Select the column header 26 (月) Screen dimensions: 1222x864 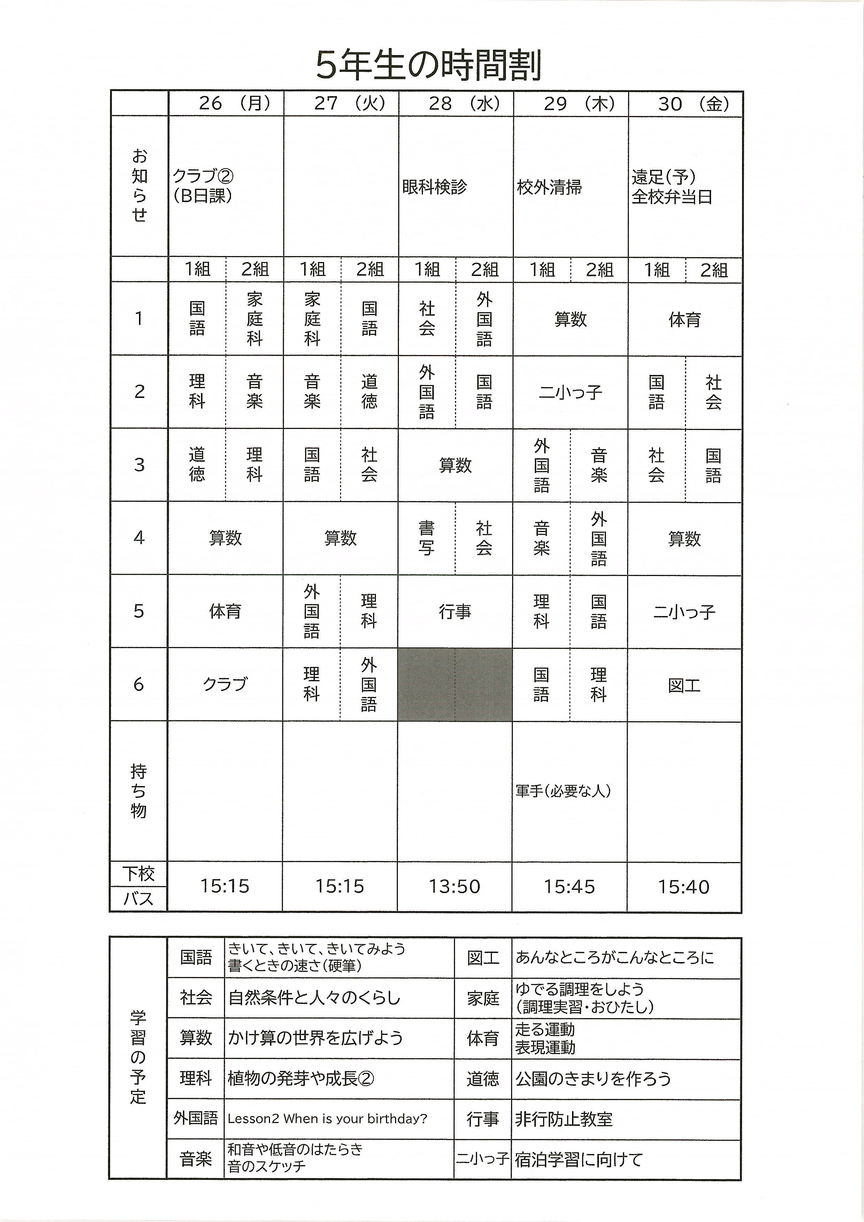234,103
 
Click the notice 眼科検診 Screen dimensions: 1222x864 434,187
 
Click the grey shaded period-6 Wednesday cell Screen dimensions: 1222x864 455,684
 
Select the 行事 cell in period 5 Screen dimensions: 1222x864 455,612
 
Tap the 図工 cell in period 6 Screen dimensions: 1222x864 684,685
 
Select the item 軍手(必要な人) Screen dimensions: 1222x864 563,791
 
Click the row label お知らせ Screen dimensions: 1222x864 139,186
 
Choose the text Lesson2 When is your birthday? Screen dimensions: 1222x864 327,1119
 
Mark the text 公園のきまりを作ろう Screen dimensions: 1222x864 593,1079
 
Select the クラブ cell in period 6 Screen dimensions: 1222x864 225,684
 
